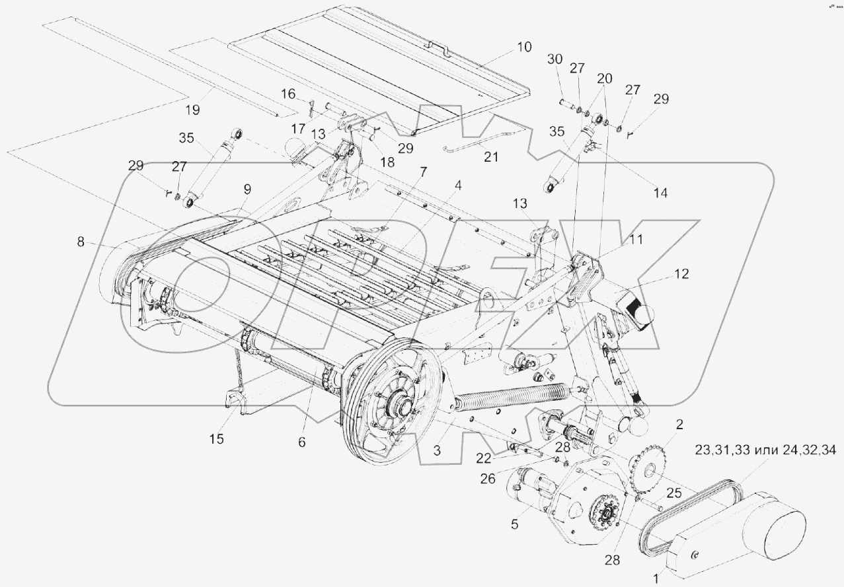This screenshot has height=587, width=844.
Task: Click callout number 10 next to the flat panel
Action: coord(523,47)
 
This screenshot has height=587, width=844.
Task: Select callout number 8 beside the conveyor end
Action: coord(81,242)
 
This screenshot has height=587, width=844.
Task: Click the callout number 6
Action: coord(301,443)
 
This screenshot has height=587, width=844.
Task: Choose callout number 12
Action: coord(682,274)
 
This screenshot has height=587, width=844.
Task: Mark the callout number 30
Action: coord(555,59)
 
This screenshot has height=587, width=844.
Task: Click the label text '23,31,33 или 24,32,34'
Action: coord(765,451)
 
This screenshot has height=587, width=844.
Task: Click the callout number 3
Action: coord(437,450)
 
